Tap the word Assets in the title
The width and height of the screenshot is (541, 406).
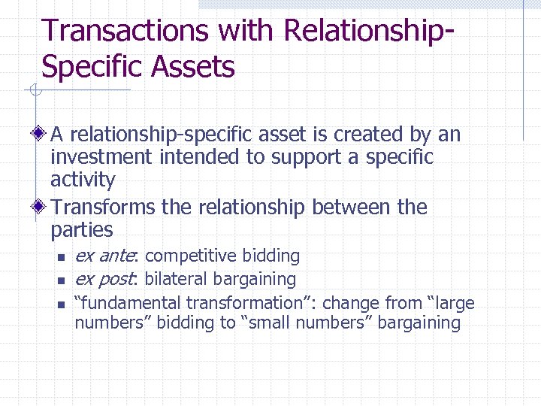pyautogui.click(x=193, y=67)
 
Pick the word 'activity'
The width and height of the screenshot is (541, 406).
pyautogui.click(x=83, y=180)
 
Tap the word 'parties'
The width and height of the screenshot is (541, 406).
pyautogui.click(x=81, y=230)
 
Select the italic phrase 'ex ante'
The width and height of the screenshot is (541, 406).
pyautogui.click(x=104, y=256)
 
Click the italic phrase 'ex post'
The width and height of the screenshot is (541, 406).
pyautogui.click(x=104, y=280)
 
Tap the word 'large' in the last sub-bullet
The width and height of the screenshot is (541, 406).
pyautogui.click(x=455, y=303)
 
